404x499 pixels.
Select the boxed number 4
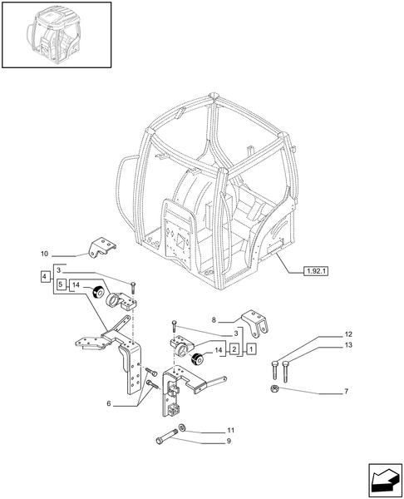[x=43, y=275]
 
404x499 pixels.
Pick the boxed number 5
[x=62, y=285]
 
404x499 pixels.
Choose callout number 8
[x=214, y=319]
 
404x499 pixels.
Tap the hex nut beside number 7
[x=273, y=390]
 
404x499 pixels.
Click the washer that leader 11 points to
[x=182, y=429]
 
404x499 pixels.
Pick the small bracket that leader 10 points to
[x=101, y=246]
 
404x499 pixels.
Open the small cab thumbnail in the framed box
[x=57, y=34]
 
